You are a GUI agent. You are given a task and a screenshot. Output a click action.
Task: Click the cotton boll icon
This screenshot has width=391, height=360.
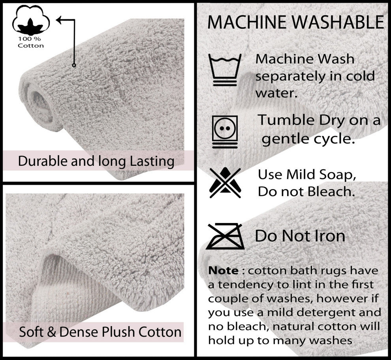point(31,20)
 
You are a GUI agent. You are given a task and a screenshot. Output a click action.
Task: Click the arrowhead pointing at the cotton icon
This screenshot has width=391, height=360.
point(59,20)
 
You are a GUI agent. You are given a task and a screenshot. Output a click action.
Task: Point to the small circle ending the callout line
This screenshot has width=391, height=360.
point(74,65)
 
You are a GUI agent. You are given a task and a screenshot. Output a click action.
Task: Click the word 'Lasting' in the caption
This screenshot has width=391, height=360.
point(152,161)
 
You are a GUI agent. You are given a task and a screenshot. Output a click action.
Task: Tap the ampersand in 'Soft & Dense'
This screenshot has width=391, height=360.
point(51,332)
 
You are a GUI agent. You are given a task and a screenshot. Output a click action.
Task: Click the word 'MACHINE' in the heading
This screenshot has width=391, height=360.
point(247,22)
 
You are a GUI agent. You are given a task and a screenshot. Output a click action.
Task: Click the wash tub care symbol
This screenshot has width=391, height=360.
point(225,70)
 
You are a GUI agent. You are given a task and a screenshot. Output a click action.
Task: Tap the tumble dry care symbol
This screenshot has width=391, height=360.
point(225,132)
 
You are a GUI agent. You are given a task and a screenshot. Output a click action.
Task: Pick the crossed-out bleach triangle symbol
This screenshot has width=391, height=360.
point(225,182)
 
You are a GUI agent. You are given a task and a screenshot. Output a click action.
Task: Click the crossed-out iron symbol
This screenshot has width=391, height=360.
point(225,236)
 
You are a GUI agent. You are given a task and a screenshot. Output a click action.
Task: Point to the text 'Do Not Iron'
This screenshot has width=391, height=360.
point(300,236)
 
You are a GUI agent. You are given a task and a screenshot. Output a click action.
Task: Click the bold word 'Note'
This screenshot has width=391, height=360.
point(223,270)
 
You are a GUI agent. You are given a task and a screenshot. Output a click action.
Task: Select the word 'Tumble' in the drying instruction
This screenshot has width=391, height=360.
point(286,120)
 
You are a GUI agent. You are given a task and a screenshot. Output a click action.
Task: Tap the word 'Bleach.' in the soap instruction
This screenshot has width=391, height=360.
point(331,192)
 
